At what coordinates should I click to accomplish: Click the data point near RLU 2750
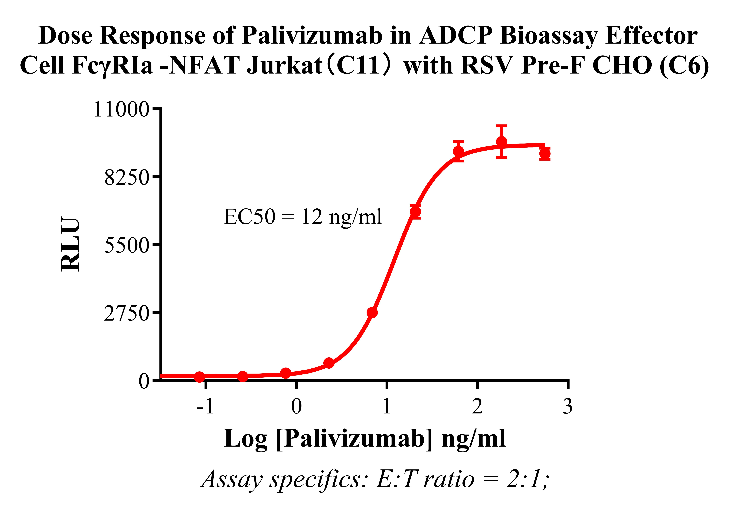coord(372,312)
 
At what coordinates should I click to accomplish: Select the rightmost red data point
coord(545,154)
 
